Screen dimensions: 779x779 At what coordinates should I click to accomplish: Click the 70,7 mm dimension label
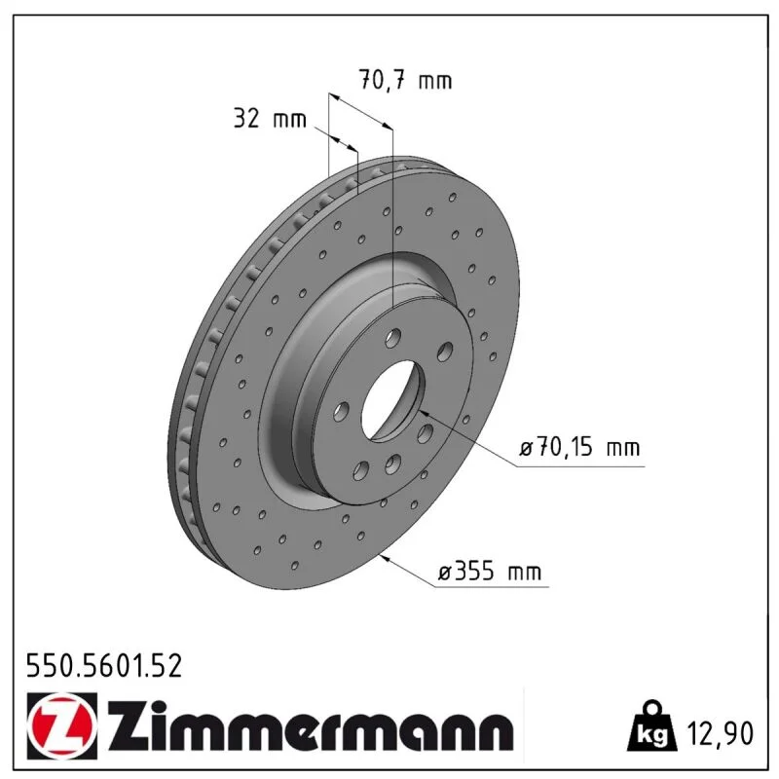(x=405, y=80)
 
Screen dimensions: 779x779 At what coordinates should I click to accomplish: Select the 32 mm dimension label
(x=270, y=119)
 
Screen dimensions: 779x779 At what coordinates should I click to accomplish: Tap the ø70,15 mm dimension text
(x=579, y=448)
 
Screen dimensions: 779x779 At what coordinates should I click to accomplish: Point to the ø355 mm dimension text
(x=490, y=572)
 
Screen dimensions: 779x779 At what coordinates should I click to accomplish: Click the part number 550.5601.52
(x=104, y=666)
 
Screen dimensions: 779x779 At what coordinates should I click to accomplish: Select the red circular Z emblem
(x=62, y=725)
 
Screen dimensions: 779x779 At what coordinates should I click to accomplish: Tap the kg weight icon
(x=651, y=727)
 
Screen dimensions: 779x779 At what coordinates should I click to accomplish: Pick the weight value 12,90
(x=720, y=733)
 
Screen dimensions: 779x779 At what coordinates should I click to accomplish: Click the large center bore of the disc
(x=391, y=400)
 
